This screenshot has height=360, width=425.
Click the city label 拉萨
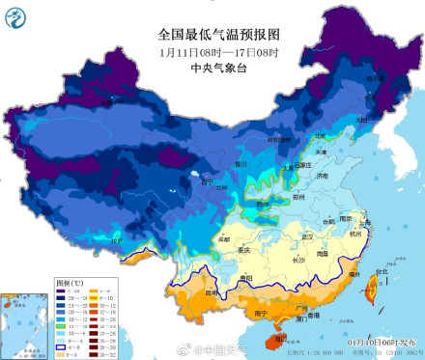(117, 239)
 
